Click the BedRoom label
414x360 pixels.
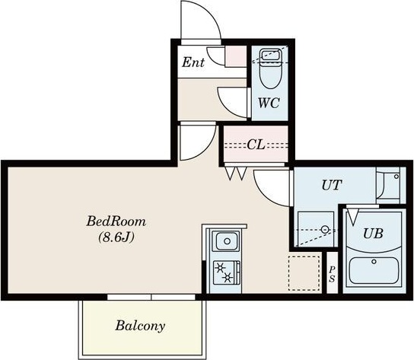tap(116, 221)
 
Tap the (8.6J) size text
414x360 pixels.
tap(116, 237)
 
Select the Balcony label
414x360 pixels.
tap(140, 326)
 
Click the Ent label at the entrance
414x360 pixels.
tap(193, 62)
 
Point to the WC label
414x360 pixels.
tap(269, 103)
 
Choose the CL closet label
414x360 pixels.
tap(256, 145)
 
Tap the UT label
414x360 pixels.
tap(332, 185)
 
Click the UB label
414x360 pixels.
tap(373, 233)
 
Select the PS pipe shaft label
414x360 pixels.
tap(332, 274)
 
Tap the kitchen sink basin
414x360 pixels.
tap(227, 241)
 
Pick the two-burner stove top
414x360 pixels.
tap(227, 273)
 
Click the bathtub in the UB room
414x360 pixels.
tap(374, 271)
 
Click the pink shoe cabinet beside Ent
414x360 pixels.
tap(235, 56)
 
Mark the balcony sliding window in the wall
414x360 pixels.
tap(151, 298)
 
